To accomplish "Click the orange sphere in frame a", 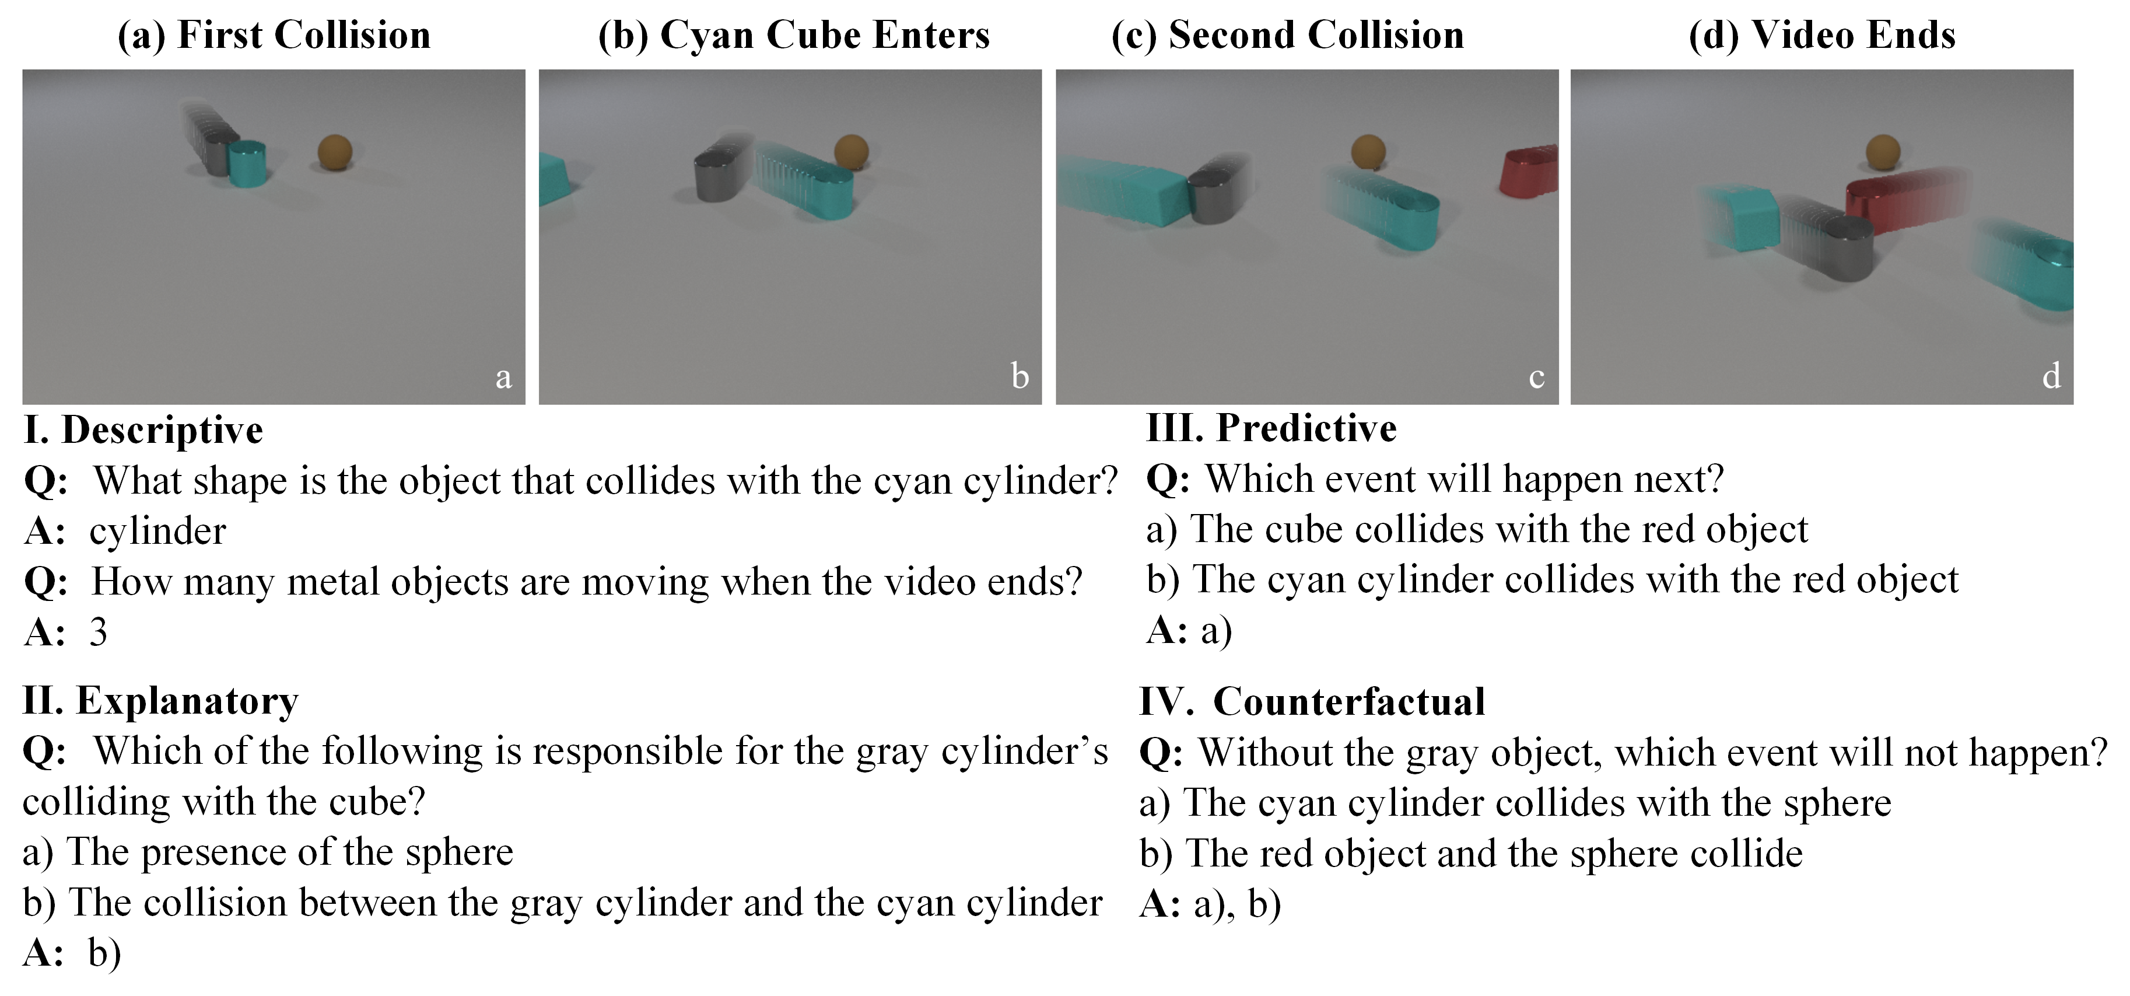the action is click(x=335, y=152).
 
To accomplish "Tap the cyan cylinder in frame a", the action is click(x=246, y=164).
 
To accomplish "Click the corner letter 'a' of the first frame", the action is click(x=503, y=378).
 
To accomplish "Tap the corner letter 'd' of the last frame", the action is click(x=2051, y=376).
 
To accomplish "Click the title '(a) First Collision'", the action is click(x=274, y=36).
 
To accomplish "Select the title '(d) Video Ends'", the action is click(x=1823, y=36).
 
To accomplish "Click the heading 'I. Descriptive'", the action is click(x=143, y=430).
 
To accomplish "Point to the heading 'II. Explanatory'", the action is click(x=160, y=701).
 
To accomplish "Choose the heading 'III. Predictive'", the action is click(x=1271, y=428).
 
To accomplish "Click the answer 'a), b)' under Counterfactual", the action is click(x=1238, y=904).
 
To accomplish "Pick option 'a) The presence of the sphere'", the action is click(x=268, y=852).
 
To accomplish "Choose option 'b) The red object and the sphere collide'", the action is click(x=1471, y=854).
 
